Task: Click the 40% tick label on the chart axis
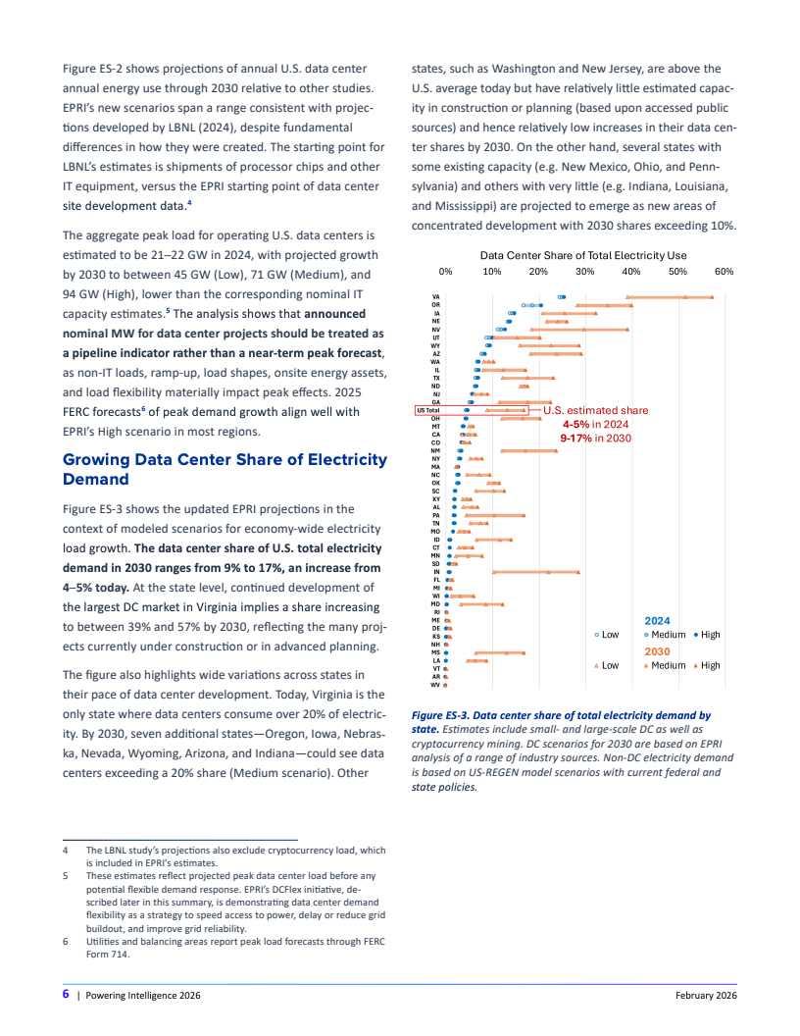631,271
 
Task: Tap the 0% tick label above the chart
445,271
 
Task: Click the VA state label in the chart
435,296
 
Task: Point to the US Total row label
427,410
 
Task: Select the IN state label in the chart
435,572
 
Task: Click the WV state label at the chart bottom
435,685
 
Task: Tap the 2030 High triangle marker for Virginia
713,296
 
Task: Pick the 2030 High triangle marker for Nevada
628,329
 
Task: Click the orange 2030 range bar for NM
528,450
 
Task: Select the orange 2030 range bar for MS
500,652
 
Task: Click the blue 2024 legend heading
657,621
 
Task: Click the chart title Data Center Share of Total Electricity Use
583,255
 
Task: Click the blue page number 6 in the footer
65,995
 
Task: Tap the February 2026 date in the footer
706,996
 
